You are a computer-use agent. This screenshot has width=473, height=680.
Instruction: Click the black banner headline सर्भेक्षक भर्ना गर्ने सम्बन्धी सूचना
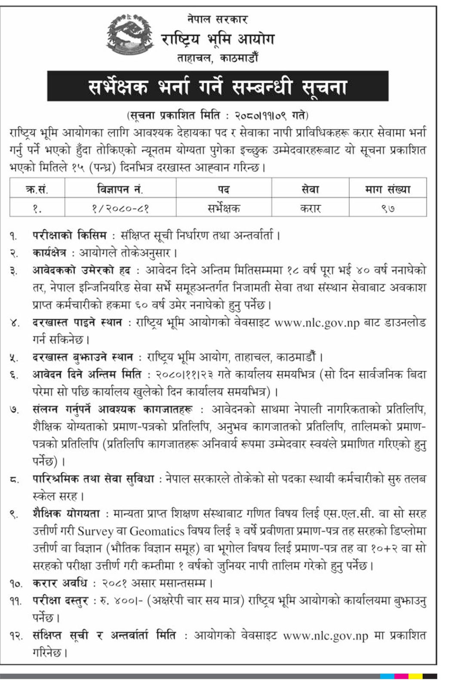pyautogui.click(x=218, y=86)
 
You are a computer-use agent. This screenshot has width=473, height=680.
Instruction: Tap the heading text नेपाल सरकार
pyautogui.click(x=218, y=19)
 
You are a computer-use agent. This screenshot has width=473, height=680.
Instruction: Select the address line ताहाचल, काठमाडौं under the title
pyautogui.click(x=218, y=58)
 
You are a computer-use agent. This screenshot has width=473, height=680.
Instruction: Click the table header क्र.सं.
pyautogui.click(x=37, y=189)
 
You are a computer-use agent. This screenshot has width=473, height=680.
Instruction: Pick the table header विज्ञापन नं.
pyautogui.click(x=120, y=189)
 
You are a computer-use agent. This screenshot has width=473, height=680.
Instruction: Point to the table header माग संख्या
pyautogui.click(x=387, y=189)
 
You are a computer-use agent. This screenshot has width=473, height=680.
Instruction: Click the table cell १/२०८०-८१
pyautogui.click(x=120, y=209)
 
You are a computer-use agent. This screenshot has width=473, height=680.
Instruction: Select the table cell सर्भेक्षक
pyautogui.click(x=224, y=209)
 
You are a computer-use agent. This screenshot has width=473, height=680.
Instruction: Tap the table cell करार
pyautogui.click(x=310, y=209)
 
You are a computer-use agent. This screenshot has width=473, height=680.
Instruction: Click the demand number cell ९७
pyautogui.click(x=387, y=209)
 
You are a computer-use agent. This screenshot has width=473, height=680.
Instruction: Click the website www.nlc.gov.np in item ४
pyautogui.click(x=317, y=323)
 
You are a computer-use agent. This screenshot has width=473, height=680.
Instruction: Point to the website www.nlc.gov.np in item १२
pyautogui.click(x=326, y=636)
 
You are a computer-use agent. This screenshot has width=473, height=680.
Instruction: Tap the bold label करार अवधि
pyautogui.click(x=60, y=583)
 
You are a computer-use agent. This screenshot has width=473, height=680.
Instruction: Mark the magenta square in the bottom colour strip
pyautogui.click(x=401, y=676)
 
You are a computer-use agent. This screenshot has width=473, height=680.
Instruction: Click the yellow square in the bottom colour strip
pyautogui.click(x=415, y=676)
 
